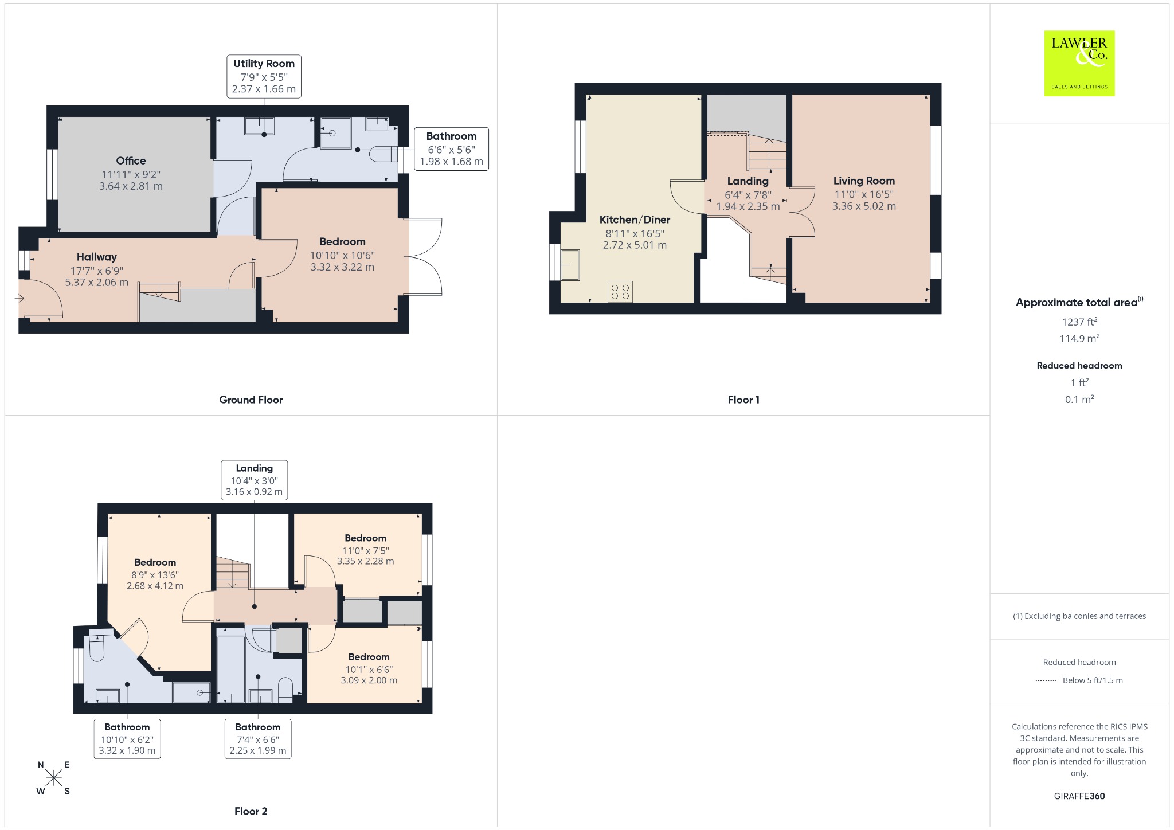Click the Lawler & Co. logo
(1079, 63)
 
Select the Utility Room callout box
(264, 76)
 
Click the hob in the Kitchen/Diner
(620, 291)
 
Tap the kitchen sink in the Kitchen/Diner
(570, 264)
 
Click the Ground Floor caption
(251, 400)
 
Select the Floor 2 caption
(251, 811)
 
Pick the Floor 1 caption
(743, 400)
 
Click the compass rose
(54, 778)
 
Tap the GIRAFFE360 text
(1079, 796)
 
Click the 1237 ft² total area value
(1079, 322)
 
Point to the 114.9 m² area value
(1079, 338)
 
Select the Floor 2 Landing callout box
(254, 480)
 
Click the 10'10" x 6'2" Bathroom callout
(127, 739)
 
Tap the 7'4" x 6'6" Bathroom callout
(258, 739)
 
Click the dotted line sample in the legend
(1046, 681)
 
